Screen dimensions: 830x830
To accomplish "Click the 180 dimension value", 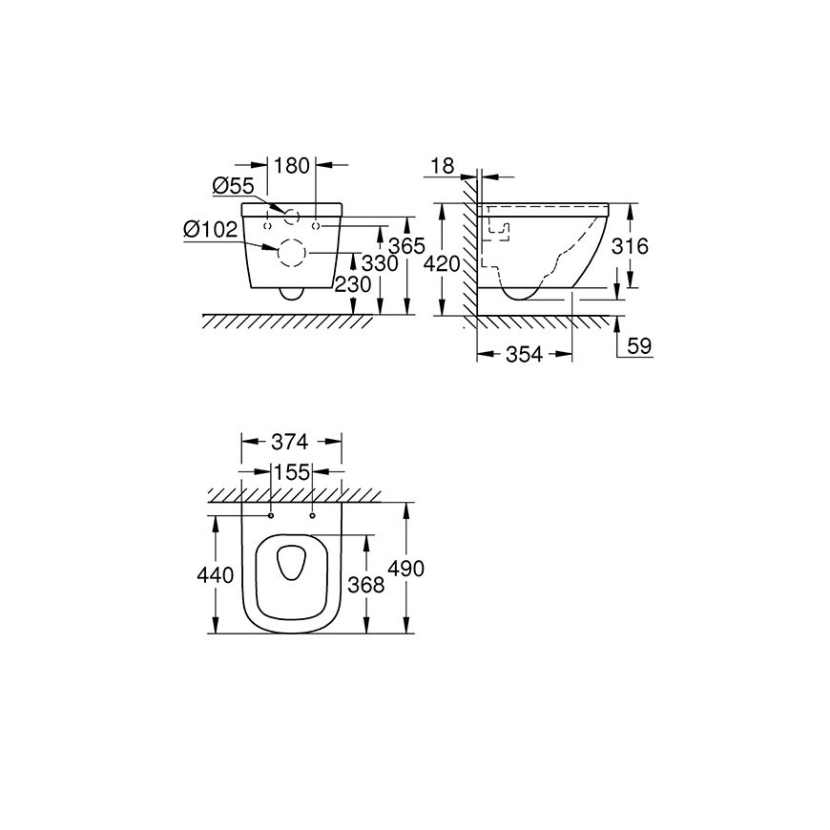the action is pyautogui.click(x=291, y=166).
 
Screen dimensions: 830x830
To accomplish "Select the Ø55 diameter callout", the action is pyautogui.click(x=234, y=186).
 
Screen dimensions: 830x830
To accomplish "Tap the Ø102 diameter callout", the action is pyautogui.click(x=211, y=230).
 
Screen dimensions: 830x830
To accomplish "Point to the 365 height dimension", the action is pyautogui.click(x=406, y=246).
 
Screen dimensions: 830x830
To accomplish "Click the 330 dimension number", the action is pyautogui.click(x=380, y=263).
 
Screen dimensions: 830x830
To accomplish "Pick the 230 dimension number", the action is pyautogui.click(x=353, y=285).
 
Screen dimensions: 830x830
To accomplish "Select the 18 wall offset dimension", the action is pyautogui.click(x=443, y=166).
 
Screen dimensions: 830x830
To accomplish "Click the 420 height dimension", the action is pyautogui.click(x=442, y=264).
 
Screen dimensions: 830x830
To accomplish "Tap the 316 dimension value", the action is pyautogui.click(x=630, y=246).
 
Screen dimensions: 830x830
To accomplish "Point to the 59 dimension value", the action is pyautogui.click(x=639, y=346).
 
